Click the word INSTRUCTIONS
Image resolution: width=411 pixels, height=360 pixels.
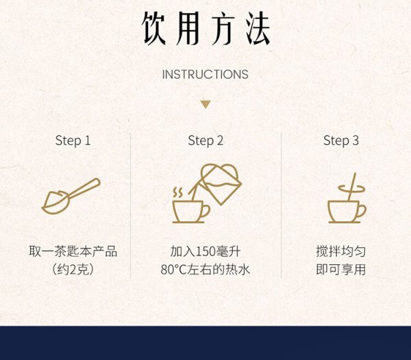pyautogui.click(x=206, y=75)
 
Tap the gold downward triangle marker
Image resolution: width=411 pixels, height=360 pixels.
pyautogui.click(x=206, y=105)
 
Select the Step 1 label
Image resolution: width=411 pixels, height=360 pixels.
pyautogui.click(x=73, y=141)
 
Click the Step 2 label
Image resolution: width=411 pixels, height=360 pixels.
pyautogui.click(x=206, y=141)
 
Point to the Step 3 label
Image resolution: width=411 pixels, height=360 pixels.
pyautogui.click(x=340, y=141)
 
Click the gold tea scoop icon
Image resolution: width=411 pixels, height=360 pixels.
pyautogui.click(x=71, y=196)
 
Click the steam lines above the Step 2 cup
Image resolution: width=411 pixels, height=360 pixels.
pyautogui.click(x=177, y=192)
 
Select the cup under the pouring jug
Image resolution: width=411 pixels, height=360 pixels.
pyautogui.click(x=191, y=211)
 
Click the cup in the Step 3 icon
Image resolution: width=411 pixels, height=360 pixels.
pyautogui.click(x=347, y=211)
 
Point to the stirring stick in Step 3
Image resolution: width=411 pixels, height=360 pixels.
pyautogui.click(x=352, y=187)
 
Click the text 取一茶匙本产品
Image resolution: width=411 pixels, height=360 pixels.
pyautogui.click(x=73, y=251)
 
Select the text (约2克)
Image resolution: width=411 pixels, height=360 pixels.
pyautogui.click(x=73, y=270)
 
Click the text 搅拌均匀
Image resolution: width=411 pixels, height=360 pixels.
pyautogui.click(x=340, y=251)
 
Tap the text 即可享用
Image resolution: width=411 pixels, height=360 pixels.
pyautogui.click(x=340, y=270)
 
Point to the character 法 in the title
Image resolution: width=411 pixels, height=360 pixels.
pyautogui.click(x=258, y=28)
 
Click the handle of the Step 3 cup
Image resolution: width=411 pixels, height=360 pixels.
pyautogui.click(x=362, y=210)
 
